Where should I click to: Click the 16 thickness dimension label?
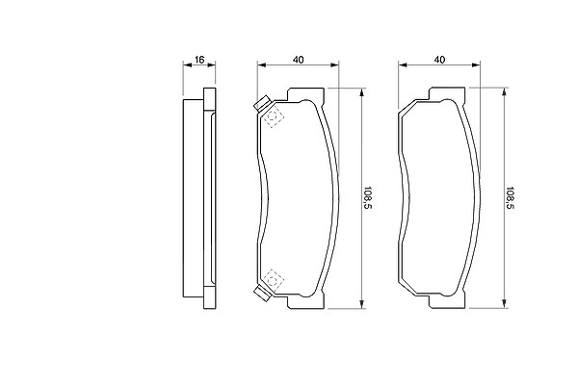(x=199, y=60)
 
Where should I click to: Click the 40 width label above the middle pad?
(x=298, y=60)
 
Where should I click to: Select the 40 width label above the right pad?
(x=439, y=60)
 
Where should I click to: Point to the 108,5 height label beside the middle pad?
(x=368, y=197)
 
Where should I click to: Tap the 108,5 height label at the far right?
(x=510, y=197)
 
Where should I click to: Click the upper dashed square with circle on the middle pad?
(x=274, y=117)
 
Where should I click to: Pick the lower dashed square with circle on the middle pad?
(x=274, y=280)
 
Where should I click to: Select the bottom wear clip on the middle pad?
(x=262, y=294)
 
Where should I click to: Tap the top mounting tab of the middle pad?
(x=306, y=94)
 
